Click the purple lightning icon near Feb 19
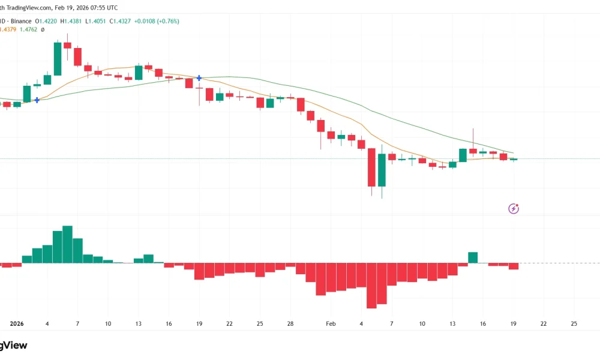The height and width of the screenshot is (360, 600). click(x=514, y=209)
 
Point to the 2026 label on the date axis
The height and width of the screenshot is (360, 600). click(x=16, y=323)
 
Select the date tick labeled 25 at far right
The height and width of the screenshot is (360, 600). click(x=574, y=323)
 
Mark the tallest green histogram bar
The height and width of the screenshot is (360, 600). click(x=67, y=244)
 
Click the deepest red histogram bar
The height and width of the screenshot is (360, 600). click(x=371, y=286)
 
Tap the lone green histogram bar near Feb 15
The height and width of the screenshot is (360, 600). click(x=473, y=257)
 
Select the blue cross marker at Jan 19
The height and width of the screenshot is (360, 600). click(x=199, y=78)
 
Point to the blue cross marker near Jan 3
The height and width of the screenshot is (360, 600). click(x=37, y=100)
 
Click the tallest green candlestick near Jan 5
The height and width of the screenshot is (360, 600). click(x=58, y=58)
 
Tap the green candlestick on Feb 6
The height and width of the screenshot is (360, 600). click(x=382, y=170)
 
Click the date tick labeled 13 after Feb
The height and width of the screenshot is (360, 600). click(x=452, y=323)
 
